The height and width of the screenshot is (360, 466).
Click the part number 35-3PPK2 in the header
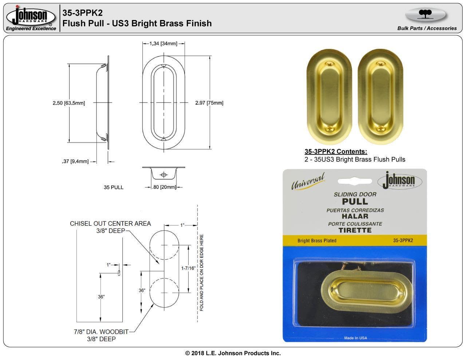point(82,13)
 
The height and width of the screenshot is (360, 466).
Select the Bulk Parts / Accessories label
point(427,28)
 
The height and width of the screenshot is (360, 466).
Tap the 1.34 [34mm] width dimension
point(163,44)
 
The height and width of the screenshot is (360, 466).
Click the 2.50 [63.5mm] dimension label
point(68,103)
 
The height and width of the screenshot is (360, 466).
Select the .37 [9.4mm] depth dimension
point(75,161)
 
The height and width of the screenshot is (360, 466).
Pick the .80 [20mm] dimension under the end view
point(164,187)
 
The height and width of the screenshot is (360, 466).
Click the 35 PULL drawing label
point(114,187)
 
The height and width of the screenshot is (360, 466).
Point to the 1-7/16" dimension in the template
point(188,268)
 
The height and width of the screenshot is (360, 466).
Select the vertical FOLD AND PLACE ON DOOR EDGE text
point(201,273)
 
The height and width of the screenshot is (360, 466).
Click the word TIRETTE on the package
point(355,230)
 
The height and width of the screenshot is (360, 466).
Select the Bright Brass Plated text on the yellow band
point(317,241)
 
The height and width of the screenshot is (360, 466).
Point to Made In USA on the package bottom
point(355,338)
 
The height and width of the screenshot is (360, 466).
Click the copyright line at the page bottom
point(233,353)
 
